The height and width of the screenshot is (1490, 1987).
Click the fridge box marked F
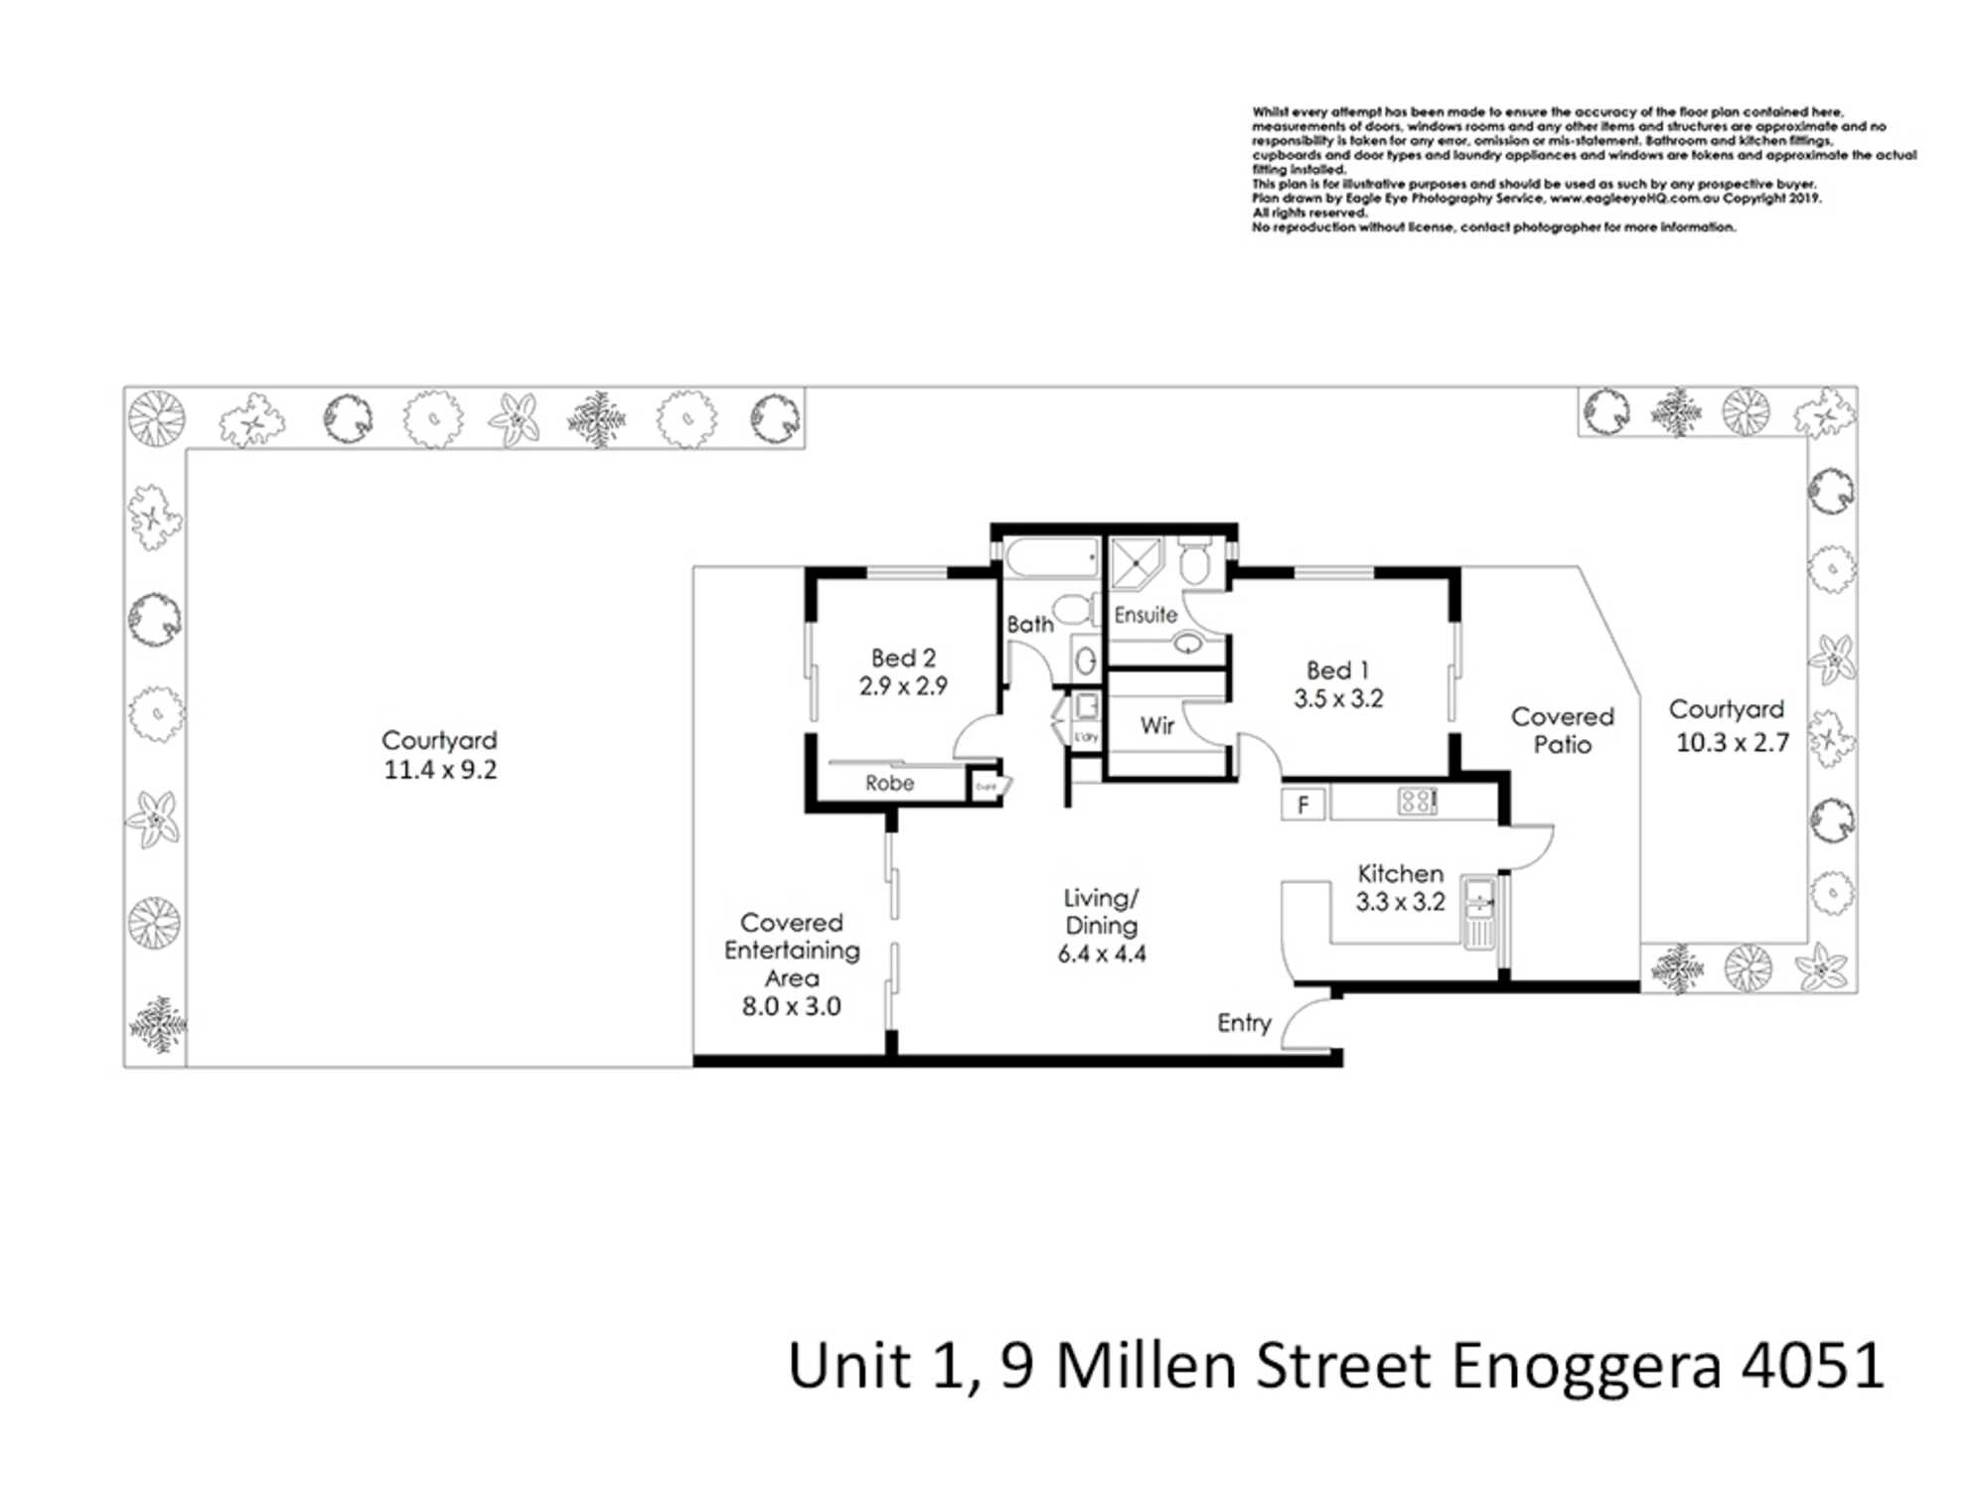click(x=1302, y=804)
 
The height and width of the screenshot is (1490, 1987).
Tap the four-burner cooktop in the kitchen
click(x=1417, y=801)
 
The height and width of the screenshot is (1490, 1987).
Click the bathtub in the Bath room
click(x=1051, y=559)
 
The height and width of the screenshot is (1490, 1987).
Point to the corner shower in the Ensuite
click(x=1135, y=563)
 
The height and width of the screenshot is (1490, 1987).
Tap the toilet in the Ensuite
click(x=1194, y=562)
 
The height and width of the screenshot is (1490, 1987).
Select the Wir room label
click(x=1157, y=726)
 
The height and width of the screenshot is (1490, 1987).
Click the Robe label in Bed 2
click(x=889, y=784)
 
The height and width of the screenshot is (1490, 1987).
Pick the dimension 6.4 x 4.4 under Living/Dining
click(x=1101, y=955)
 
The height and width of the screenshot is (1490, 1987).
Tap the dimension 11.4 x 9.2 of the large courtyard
click(x=440, y=770)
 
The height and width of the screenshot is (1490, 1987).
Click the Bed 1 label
click(x=1337, y=670)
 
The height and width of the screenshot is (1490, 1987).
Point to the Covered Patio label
click(x=1562, y=730)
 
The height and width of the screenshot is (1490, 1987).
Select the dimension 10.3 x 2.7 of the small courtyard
click(x=1732, y=743)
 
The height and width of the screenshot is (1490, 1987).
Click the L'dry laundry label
click(x=1086, y=737)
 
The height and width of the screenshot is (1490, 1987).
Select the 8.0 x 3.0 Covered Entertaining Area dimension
click(x=791, y=1006)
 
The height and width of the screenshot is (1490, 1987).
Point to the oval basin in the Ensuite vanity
click(x=1188, y=645)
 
